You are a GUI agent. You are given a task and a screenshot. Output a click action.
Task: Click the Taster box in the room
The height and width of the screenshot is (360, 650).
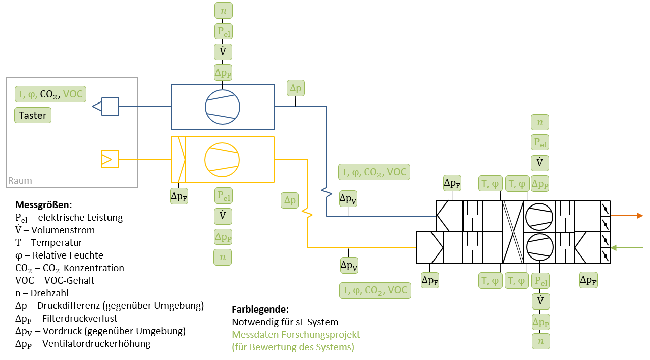click(x=33, y=115)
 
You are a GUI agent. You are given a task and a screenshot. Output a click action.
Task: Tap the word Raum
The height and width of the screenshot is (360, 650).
click(x=20, y=181)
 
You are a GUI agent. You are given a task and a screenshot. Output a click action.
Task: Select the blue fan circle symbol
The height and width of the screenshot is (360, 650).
click(x=222, y=107)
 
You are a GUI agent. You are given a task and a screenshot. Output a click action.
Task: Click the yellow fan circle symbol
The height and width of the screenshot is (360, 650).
click(x=222, y=159)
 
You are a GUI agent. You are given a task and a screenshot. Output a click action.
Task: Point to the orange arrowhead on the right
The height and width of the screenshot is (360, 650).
click(x=640, y=216)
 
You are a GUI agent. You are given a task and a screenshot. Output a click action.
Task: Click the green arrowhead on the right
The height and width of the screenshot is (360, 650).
click(x=614, y=248)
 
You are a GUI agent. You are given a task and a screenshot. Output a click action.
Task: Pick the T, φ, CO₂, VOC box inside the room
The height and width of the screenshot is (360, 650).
click(x=50, y=94)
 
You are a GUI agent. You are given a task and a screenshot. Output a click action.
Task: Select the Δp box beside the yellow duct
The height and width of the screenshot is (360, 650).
click(x=290, y=200)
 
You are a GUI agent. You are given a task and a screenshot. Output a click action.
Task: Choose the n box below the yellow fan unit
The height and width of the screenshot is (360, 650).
click(x=223, y=257)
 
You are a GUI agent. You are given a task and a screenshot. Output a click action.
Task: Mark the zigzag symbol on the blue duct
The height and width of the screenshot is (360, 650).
click(x=327, y=192)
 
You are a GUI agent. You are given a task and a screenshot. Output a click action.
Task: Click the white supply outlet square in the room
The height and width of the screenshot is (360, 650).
click(x=110, y=107)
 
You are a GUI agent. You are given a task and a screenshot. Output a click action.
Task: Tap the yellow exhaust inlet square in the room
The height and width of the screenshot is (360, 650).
click(x=110, y=159)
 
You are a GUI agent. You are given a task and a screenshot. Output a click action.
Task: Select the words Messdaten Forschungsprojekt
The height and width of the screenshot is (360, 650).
click(x=296, y=335)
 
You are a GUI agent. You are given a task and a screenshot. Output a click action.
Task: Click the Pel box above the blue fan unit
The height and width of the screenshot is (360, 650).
click(x=223, y=31)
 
